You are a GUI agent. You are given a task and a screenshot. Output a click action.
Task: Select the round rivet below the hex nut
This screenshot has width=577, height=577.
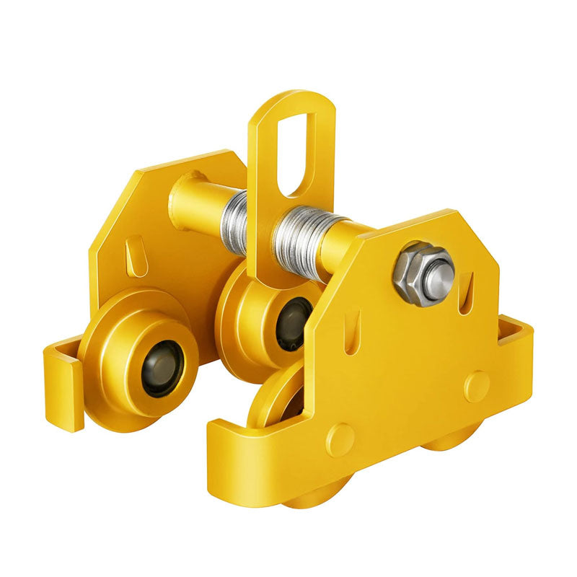(x=476, y=386)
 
